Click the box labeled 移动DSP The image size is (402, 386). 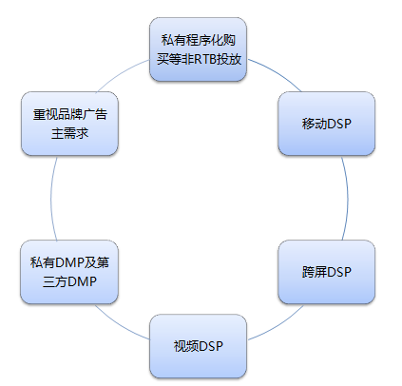327,124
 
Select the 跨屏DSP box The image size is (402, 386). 327,272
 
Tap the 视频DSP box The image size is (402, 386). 198,346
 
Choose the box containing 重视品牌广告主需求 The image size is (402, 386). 69,124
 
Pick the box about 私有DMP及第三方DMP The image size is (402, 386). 69,272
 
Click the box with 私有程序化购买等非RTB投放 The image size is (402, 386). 198,49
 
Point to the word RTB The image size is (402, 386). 202,59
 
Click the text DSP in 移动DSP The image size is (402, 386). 339,124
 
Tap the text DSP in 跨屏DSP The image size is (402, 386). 339,272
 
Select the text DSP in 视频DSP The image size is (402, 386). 211,346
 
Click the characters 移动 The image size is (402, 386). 315,124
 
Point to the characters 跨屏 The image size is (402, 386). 315,272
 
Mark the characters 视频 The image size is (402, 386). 186,346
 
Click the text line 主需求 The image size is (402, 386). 69,133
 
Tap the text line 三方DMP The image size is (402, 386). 69,281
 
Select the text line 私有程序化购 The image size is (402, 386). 199,40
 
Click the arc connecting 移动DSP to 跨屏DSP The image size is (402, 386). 348,198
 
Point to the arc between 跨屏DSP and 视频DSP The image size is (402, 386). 278,325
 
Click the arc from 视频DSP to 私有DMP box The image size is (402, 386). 120,325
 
